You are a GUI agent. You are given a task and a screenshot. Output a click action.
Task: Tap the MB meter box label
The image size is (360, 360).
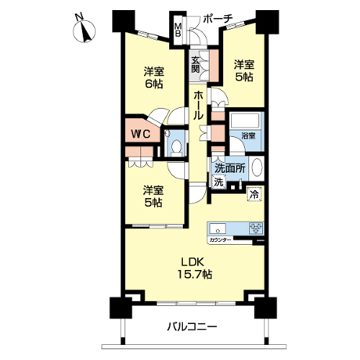tap(178, 30)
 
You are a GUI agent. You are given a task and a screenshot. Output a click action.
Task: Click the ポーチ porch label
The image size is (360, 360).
tap(218, 19)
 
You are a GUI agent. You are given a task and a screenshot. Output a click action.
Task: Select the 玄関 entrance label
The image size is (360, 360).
tap(196, 64)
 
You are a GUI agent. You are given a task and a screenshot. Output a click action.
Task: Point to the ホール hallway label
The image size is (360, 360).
tap(199, 105)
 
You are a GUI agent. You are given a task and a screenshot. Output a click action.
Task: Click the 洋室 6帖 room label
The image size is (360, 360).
tap(154, 78)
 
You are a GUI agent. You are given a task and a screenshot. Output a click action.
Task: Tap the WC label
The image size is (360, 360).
tap(140, 134)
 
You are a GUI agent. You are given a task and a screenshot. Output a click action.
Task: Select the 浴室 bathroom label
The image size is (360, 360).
tap(248, 136)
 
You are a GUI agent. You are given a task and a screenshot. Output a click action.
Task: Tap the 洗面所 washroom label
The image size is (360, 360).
tap(230, 168)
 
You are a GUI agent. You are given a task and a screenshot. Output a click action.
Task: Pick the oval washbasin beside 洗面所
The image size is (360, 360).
tap(256, 168)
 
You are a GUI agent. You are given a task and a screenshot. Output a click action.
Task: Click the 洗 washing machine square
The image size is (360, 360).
tap(218, 181)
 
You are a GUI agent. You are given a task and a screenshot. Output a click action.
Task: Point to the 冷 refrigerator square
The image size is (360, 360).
tap(255, 194)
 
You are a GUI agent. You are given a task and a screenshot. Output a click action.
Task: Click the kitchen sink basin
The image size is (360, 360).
tap(217, 228)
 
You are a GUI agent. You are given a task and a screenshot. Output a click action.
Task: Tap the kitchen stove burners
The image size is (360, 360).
tap(256, 228)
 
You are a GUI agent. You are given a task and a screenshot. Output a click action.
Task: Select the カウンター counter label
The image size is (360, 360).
tap(220, 240)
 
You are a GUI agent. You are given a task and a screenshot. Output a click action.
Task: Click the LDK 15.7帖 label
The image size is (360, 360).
tap(194, 268)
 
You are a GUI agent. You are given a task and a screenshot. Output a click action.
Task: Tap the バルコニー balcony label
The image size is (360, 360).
tap(192, 326)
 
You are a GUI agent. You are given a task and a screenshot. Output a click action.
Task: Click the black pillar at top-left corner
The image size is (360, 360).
tap(123, 21)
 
